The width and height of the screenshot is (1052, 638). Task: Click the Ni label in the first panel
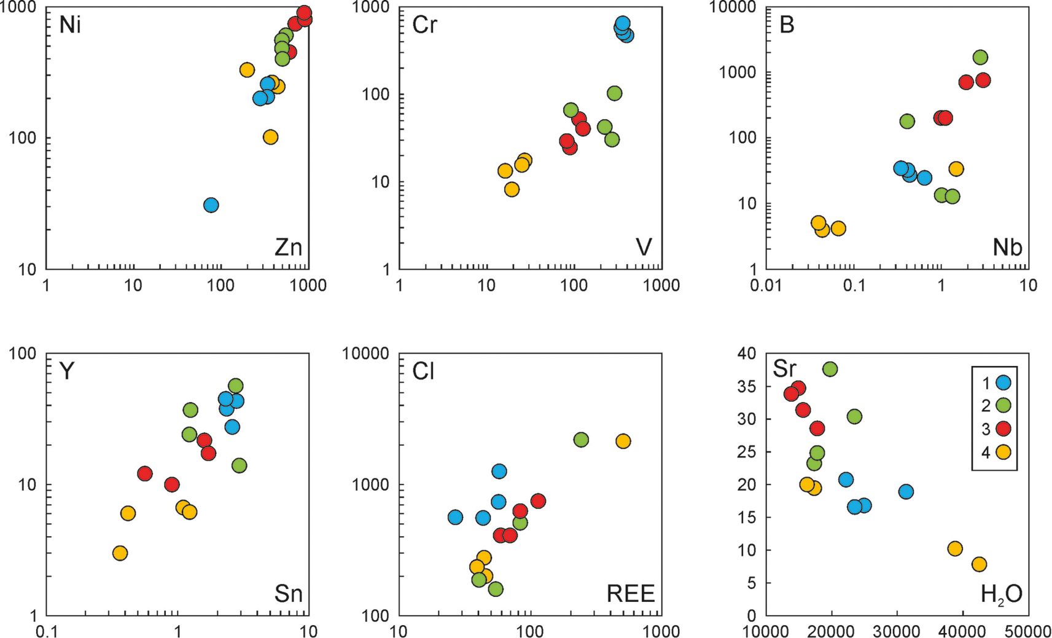tap(70, 25)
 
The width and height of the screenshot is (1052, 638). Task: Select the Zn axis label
tap(288, 247)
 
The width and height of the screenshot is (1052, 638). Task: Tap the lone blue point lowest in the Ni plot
tap(211, 205)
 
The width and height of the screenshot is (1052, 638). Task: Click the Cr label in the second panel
tap(424, 25)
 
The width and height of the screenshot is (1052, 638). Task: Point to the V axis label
tap(644, 247)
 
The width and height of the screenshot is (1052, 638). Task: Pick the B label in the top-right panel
tap(786, 25)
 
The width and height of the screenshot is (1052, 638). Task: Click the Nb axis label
tap(1007, 247)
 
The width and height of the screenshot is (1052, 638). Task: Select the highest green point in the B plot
tap(980, 58)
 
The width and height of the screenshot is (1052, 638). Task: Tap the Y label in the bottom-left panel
tap(66, 372)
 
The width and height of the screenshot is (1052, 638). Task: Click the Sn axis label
tap(288, 594)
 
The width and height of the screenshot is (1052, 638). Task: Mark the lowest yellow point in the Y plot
tap(120, 553)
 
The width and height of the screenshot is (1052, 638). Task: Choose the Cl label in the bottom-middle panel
tap(423, 372)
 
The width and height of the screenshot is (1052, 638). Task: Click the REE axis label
tap(630, 594)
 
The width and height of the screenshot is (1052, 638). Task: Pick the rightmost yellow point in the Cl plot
tap(623, 442)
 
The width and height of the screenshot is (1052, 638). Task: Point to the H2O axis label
tap(1001, 594)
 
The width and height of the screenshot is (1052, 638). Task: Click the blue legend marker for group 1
tap(1003, 383)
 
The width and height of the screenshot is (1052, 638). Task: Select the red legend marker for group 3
tap(1003, 429)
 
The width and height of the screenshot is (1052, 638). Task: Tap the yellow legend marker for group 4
tap(1003, 453)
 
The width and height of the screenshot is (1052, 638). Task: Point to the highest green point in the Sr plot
tap(830, 369)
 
